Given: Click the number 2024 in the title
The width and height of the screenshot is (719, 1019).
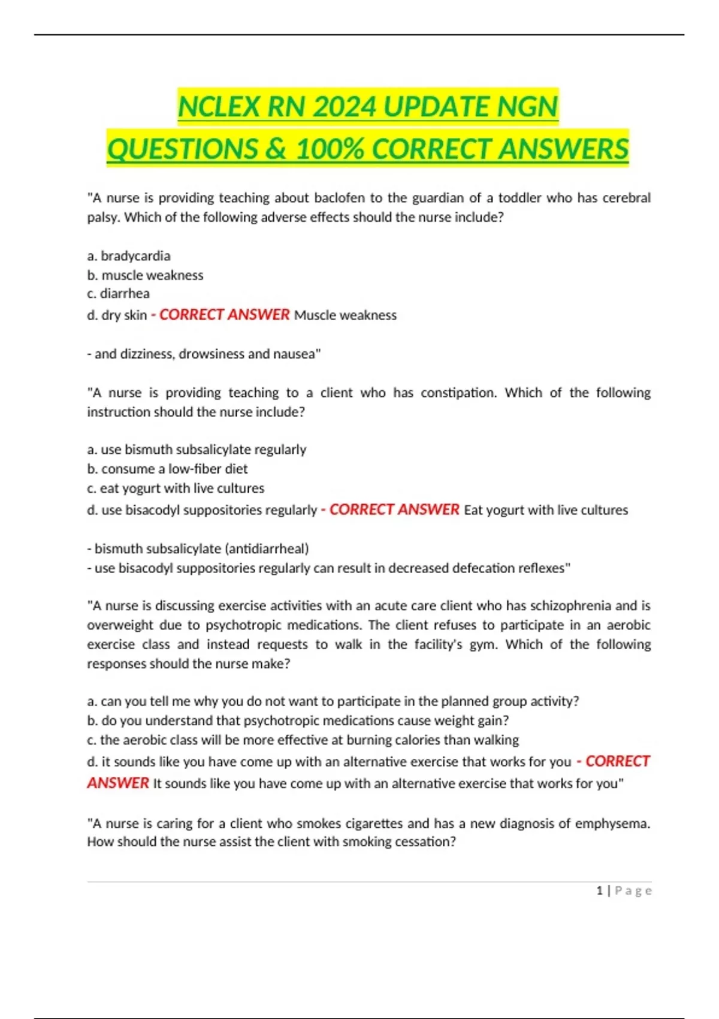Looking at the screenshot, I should [344, 107].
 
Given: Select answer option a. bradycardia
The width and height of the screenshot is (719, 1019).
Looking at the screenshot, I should [129, 256].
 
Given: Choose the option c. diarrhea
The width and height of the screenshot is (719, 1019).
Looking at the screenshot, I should [119, 294].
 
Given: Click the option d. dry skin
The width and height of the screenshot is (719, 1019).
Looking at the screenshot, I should [117, 315].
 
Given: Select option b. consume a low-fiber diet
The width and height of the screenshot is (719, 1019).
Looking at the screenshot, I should [167, 469].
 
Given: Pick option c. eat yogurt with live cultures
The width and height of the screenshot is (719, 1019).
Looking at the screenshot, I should [176, 489].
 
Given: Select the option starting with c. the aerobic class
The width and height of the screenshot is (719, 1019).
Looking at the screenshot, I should [303, 740].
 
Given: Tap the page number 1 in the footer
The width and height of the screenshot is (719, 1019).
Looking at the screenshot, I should [600, 891].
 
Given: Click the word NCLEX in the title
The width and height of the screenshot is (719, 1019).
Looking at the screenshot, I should [219, 107].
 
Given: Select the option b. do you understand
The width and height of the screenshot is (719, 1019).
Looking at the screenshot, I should [298, 720].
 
